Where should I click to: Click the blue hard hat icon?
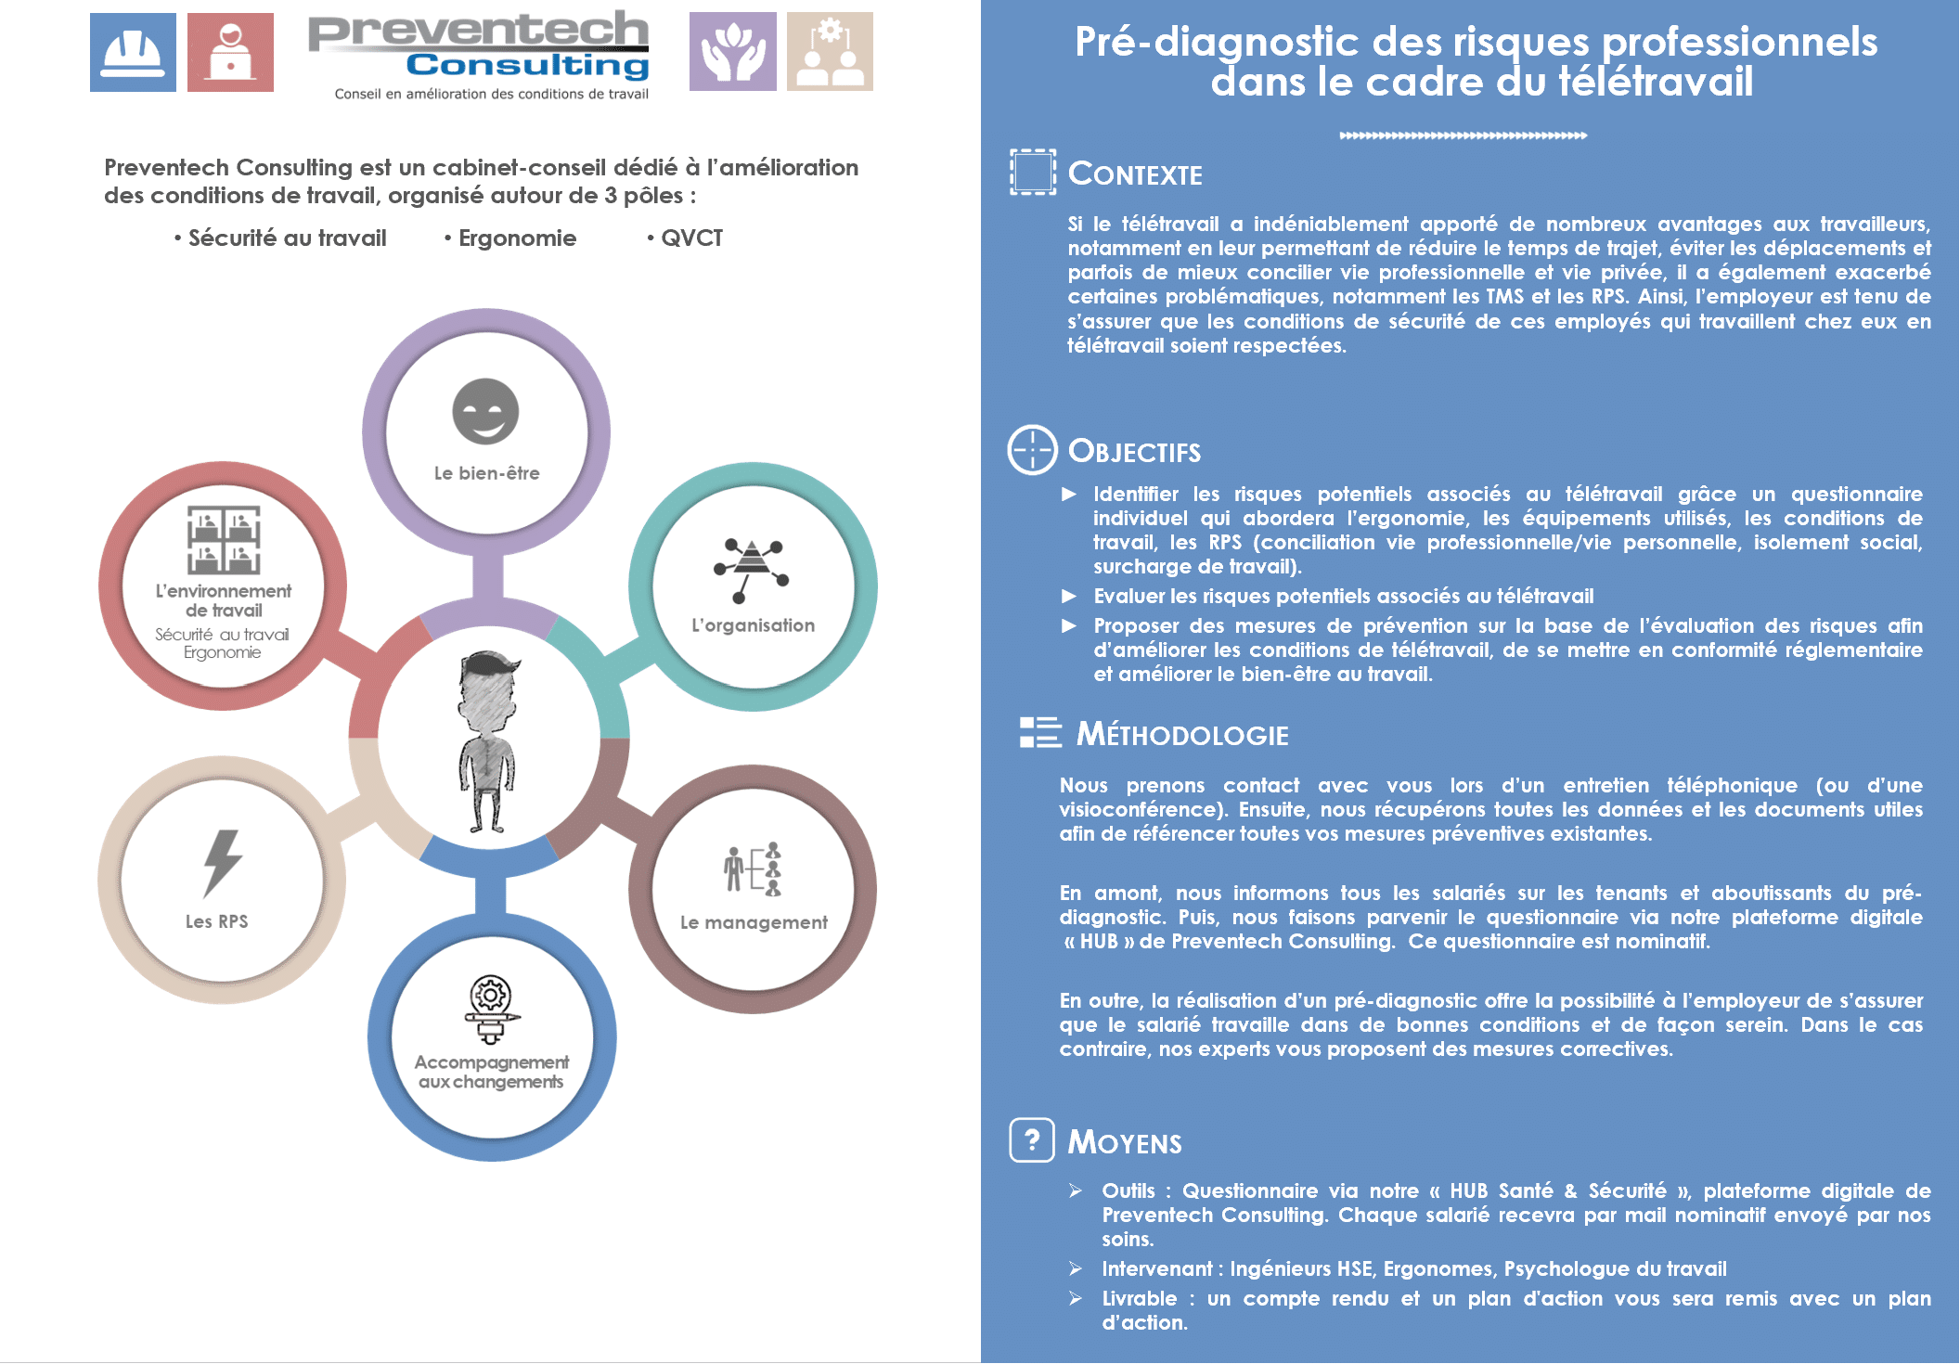click(x=133, y=52)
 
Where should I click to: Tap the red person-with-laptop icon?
click(x=230, y=52)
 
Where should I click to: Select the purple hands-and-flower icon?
click(x=733, y=51)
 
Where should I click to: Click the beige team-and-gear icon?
click(x=830, y=51)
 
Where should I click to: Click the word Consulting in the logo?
click(x=527, y=65)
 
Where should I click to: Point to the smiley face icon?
click(x=485, y=411)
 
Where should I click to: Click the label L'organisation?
click(x=753, y=625)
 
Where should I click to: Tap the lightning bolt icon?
click(x=222, y=863)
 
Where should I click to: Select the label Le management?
click(x=754, y=922)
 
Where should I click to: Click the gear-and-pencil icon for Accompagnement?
click(x=491, y=1010)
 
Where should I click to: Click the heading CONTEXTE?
click(x=1135, y=174)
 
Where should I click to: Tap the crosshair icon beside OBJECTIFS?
click(x=1032, y=450)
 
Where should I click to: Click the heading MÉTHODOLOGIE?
click(x=1182, y=735)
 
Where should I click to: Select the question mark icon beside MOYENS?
click(x=1032, y=1140)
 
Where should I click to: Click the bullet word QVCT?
click(x=691, y=238)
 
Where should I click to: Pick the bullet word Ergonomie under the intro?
click(x=517, y=238)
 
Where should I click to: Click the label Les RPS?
click(x=216, y=921)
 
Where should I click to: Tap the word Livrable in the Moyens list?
click(x=1139, y=1298)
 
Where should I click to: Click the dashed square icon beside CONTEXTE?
click(x=1033, y=172)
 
